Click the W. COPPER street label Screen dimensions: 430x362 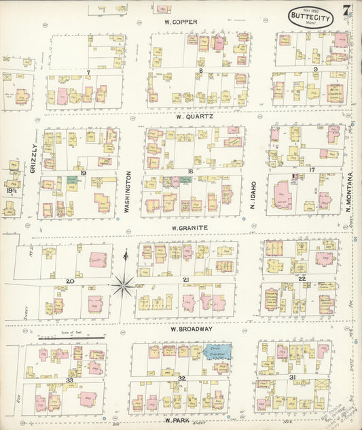(x=180, y=21)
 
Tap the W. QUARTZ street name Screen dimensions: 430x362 (x=194, y=116)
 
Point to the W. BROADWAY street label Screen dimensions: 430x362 (x=192, y=329)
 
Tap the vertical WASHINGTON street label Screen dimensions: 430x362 (x=127, y=191)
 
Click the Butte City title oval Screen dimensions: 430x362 (x=310, y=18)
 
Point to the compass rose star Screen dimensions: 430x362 (x=123, y=284)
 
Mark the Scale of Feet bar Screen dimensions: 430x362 (x=71, y=337)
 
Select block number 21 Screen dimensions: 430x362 (x=185, y=280)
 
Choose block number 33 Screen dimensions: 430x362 (x=69, y=380)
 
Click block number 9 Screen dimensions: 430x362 (x=315, y=69)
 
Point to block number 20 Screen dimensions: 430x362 (x=70, y=280)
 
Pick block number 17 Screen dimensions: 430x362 (x=312, y=169)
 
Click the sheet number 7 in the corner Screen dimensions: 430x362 (x=346, y=9)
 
